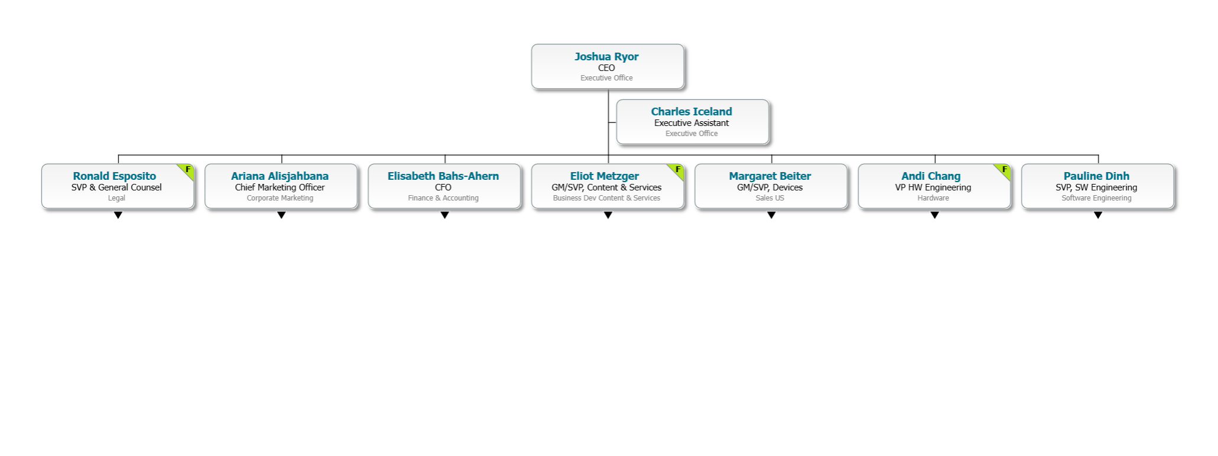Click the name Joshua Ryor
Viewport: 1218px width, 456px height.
[x=606, y=57]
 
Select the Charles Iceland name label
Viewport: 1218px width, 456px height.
[x=691, y=112]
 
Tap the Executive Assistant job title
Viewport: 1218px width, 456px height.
[x=691, y=123]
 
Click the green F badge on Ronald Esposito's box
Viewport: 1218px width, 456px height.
[x=188, y=170]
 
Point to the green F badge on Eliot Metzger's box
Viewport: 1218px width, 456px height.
[x=678, y=170]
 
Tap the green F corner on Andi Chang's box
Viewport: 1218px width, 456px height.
[x=1004, y=170]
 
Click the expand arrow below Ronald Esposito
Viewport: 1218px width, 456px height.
[x=118, y=215]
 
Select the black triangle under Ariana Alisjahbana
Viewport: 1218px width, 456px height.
[x=281, y=215]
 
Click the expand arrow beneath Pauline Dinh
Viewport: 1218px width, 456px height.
[x=1097, y=215]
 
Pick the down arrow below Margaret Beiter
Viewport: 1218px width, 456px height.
[x=771, y=215]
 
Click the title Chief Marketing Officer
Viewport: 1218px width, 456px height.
[x=280, y=187]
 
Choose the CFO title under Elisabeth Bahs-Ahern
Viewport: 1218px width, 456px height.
[x=443, y=187]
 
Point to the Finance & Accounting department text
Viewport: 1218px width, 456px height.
[x=443, y=198]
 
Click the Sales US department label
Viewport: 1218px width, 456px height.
[x=770, y=198]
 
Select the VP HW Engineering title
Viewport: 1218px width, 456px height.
[x=933, y=187]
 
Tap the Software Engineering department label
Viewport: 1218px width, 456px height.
[x=1096, y=198]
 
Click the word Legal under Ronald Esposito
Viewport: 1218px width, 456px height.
[x=116, y=198]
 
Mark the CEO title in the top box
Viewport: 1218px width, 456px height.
[x=606, y=68]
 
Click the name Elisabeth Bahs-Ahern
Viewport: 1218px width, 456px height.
[x=443, y=176]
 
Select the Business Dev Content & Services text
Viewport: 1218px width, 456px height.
[x=606, y=198]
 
